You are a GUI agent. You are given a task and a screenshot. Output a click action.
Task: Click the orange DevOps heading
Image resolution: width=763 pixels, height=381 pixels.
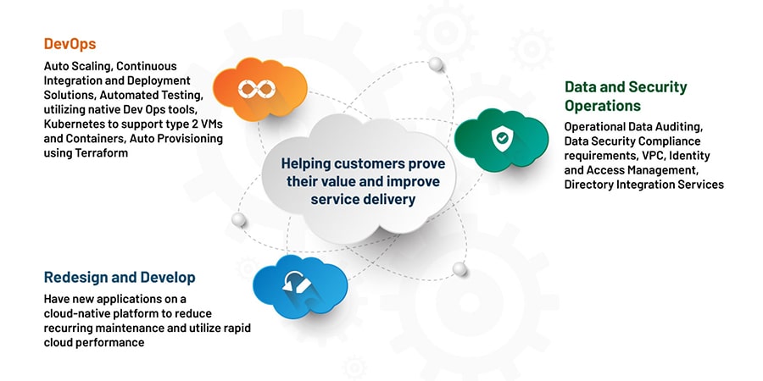[70, 44]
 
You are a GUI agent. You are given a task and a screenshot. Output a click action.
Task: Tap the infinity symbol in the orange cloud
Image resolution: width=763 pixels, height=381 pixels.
[256, 89]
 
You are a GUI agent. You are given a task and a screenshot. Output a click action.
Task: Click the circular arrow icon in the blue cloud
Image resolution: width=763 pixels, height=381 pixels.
[298, 282]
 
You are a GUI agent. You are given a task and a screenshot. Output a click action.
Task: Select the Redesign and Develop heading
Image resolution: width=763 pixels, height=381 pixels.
[120, 278]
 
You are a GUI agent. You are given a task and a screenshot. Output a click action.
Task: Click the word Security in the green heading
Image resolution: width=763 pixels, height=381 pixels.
[657, 87]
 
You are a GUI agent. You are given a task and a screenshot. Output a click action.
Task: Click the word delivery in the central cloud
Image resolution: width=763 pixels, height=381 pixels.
[392, 199]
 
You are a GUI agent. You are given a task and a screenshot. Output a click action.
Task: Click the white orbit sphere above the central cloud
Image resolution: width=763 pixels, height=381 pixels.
[436, 63]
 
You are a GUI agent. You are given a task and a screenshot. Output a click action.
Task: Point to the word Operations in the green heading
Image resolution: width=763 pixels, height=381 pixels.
[603, 106]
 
